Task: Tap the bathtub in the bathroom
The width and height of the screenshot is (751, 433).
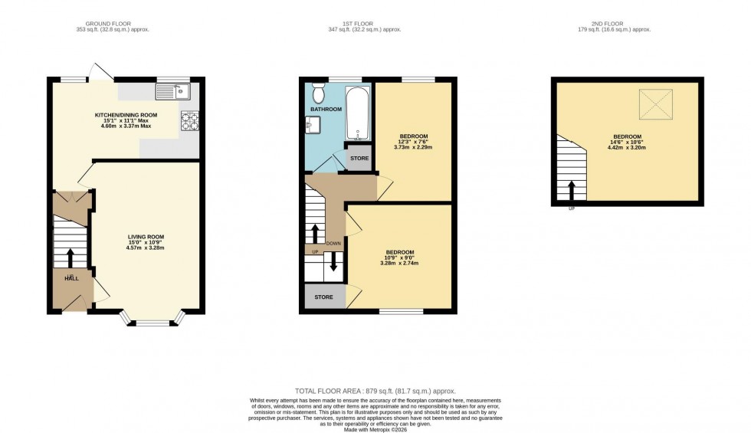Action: point(358,114)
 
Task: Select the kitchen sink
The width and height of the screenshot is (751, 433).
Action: point(172,93)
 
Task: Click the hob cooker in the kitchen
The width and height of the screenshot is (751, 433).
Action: point(189,121)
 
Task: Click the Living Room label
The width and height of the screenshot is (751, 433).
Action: point(146,237)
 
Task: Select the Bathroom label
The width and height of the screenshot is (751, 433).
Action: point(326,110)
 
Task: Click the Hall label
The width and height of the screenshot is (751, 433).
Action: point(70,279)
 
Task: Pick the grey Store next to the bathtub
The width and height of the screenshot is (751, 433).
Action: point(359,158)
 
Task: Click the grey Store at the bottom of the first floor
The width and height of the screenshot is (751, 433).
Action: point(323,297)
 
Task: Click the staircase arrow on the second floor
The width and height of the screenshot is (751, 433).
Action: point(571,190)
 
